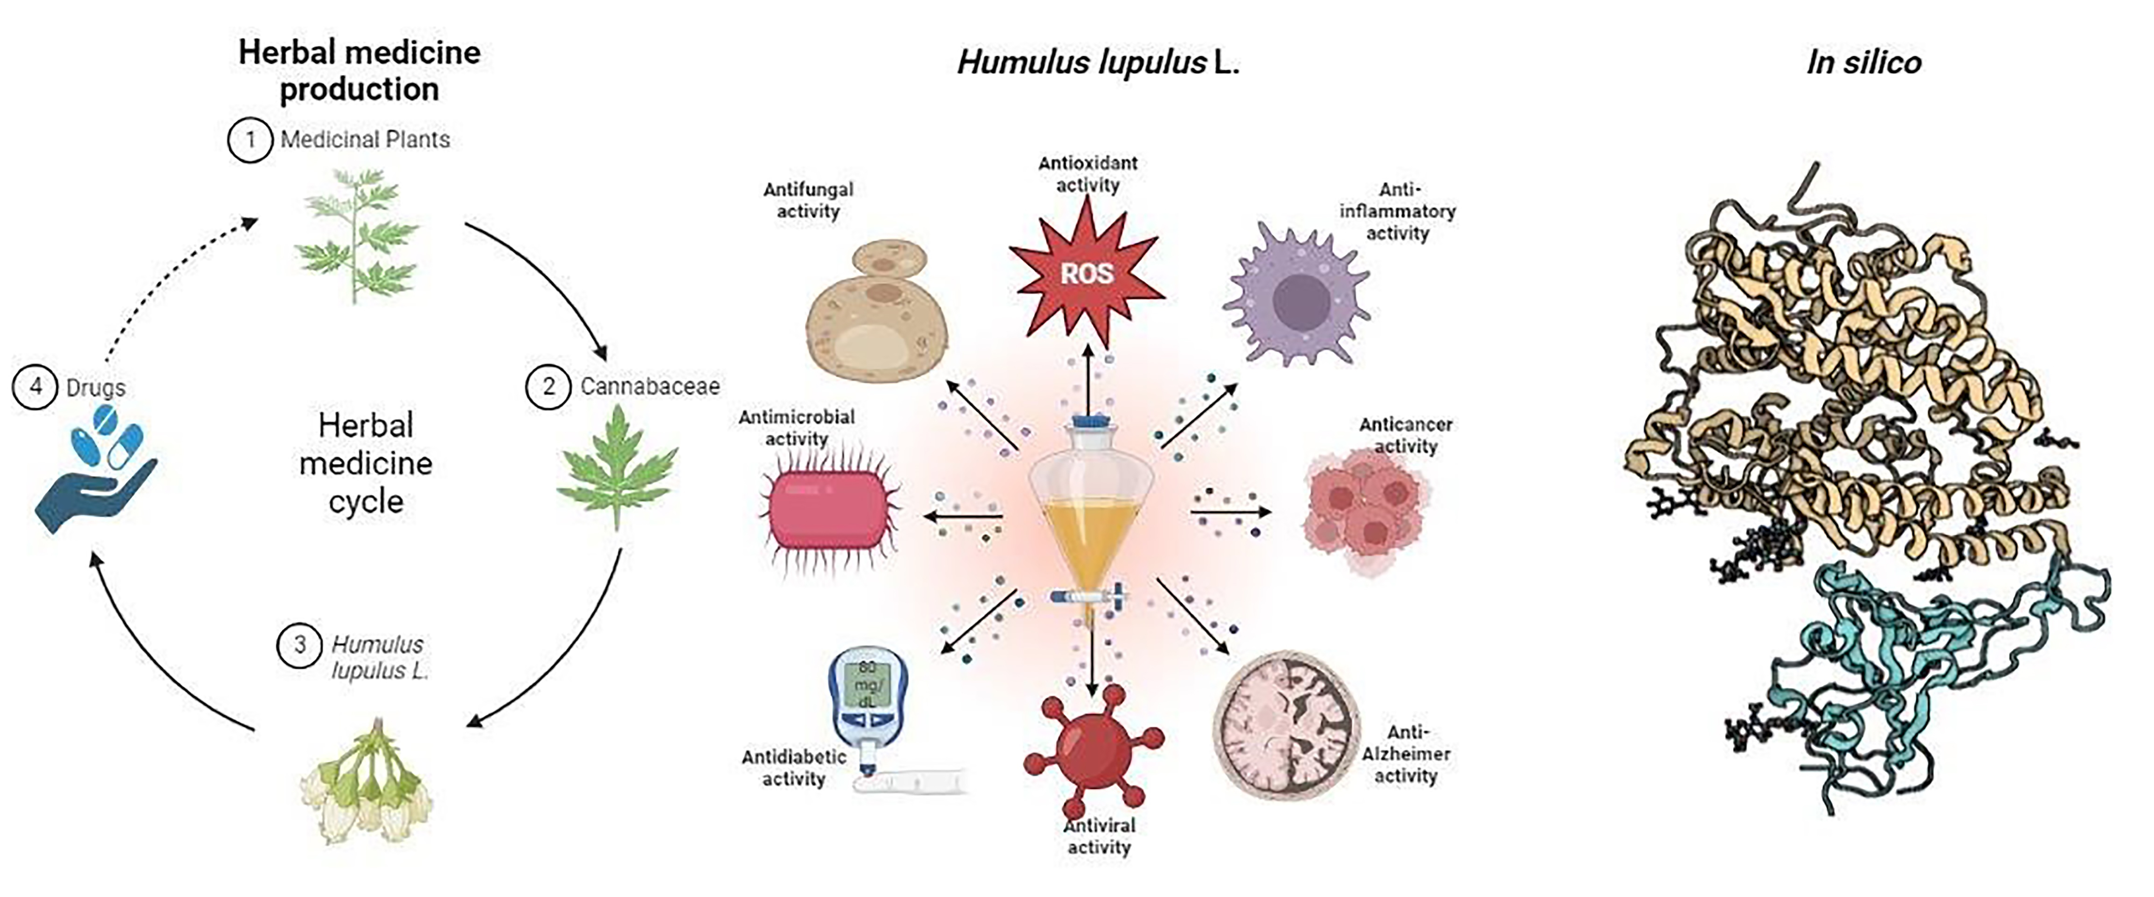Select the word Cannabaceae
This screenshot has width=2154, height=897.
point(650,386)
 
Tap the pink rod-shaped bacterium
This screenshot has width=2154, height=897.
point(828,510)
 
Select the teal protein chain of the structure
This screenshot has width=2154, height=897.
point(1915,677)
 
